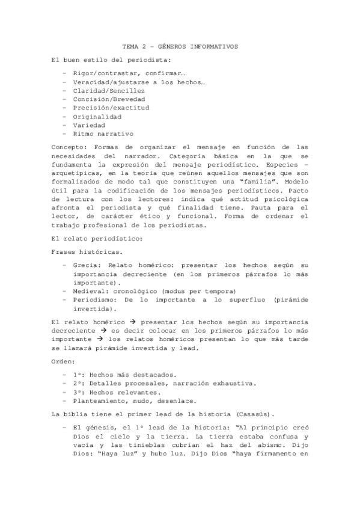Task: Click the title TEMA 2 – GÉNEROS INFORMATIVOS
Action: tap(180, 46)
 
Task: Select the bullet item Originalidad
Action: tap(97, 116)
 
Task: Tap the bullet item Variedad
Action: tap(89, 125)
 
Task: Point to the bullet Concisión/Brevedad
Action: tap(109, 99)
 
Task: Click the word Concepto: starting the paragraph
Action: tap(69, 147)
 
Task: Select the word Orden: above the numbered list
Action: tap(64, 361)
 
